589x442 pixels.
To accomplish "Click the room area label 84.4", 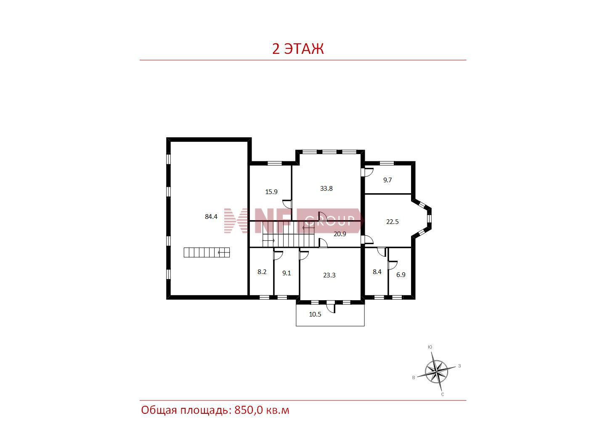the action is click(211, 216).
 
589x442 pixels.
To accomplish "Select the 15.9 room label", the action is click(271, 192).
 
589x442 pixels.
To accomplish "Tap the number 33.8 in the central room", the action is click(326, 189).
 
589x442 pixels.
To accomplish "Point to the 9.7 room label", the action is click(387, 180).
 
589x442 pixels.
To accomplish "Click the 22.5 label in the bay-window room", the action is click(392, 222).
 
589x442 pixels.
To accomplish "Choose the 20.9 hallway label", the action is click(340, 234).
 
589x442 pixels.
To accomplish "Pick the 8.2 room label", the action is click(262, 272).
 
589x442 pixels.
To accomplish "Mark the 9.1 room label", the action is click(287, 273).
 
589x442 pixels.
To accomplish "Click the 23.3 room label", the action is click(329, 275).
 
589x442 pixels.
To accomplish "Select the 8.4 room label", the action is click(377, 272).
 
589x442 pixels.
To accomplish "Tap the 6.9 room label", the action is click(401, 275).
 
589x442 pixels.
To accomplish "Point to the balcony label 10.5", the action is click(315, 314).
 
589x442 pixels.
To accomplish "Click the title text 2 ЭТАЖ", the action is click(298, 49).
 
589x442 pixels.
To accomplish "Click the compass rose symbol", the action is click(436, 372).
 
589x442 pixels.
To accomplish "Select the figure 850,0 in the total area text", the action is click(249, 410).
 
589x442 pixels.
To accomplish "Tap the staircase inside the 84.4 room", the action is click(207, 252).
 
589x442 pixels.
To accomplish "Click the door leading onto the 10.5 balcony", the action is click(331, 306).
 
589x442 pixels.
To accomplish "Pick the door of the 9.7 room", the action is click(367, 172).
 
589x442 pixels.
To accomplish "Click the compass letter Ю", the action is click(430, 347).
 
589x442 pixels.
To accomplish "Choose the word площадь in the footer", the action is click(206, 410).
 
